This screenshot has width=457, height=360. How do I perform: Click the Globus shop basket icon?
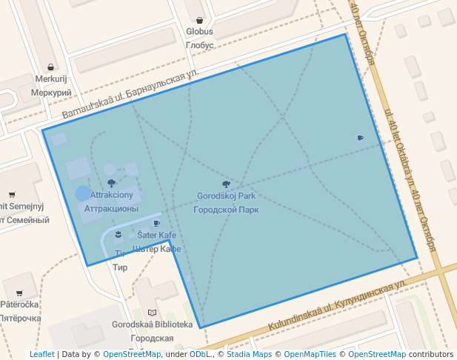[199, 20]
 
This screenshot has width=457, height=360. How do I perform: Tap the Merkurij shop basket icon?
[50, 67]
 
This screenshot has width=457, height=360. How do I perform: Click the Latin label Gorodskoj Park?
[226, 196]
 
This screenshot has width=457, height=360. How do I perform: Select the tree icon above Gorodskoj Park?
[226, 184]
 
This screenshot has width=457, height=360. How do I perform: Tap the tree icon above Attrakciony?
[112, 182]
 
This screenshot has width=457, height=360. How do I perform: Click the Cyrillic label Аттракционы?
[111, 209]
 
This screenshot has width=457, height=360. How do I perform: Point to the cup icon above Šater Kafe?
[156, 223]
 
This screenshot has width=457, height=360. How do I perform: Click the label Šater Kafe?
[156, 236]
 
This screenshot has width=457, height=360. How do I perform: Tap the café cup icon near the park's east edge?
[360, 137]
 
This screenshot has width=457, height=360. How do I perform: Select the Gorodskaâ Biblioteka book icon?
[153, 313]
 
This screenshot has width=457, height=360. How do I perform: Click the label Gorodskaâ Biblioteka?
[153, 324]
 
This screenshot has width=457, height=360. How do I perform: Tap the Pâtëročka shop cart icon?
[19, 293]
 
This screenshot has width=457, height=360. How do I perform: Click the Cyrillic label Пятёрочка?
[20, 318]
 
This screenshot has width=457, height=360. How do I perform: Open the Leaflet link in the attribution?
[41, 354]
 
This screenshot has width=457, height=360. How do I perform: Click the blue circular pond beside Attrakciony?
[83, 194]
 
